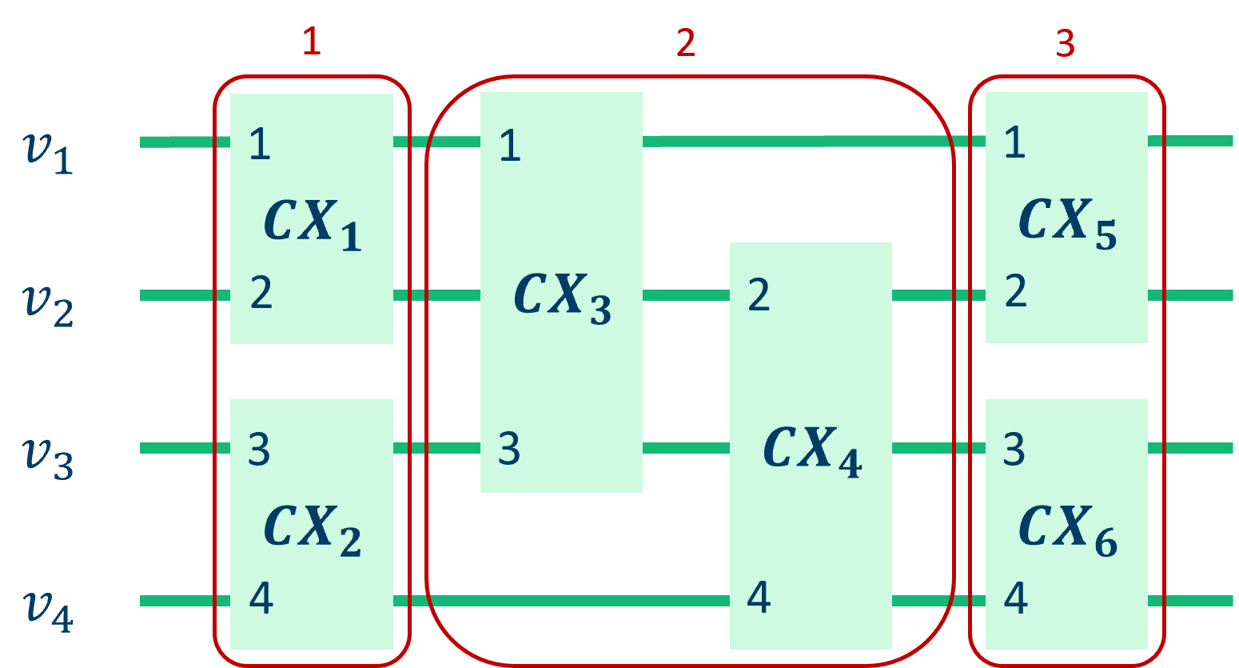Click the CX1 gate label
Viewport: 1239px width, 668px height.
313,224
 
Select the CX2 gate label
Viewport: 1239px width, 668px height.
313,530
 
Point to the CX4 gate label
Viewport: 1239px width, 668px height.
812,450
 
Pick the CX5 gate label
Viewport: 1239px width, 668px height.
1067,222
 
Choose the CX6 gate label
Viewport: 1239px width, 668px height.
1067,530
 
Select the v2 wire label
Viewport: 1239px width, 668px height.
49,305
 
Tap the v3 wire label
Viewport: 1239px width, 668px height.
49,458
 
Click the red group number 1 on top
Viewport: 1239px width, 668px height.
312,42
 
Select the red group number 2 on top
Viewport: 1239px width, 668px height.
686,42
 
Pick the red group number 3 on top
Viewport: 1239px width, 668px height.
1065,42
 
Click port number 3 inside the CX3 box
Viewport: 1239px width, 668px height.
509,449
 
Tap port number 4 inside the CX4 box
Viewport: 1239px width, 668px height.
759,598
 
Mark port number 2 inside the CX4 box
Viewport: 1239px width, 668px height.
759,295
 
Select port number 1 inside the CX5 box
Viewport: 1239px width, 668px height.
1014,142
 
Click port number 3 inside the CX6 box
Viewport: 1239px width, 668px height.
1014,450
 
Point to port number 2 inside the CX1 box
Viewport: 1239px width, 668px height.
261,293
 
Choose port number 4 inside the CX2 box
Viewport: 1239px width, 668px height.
261,598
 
